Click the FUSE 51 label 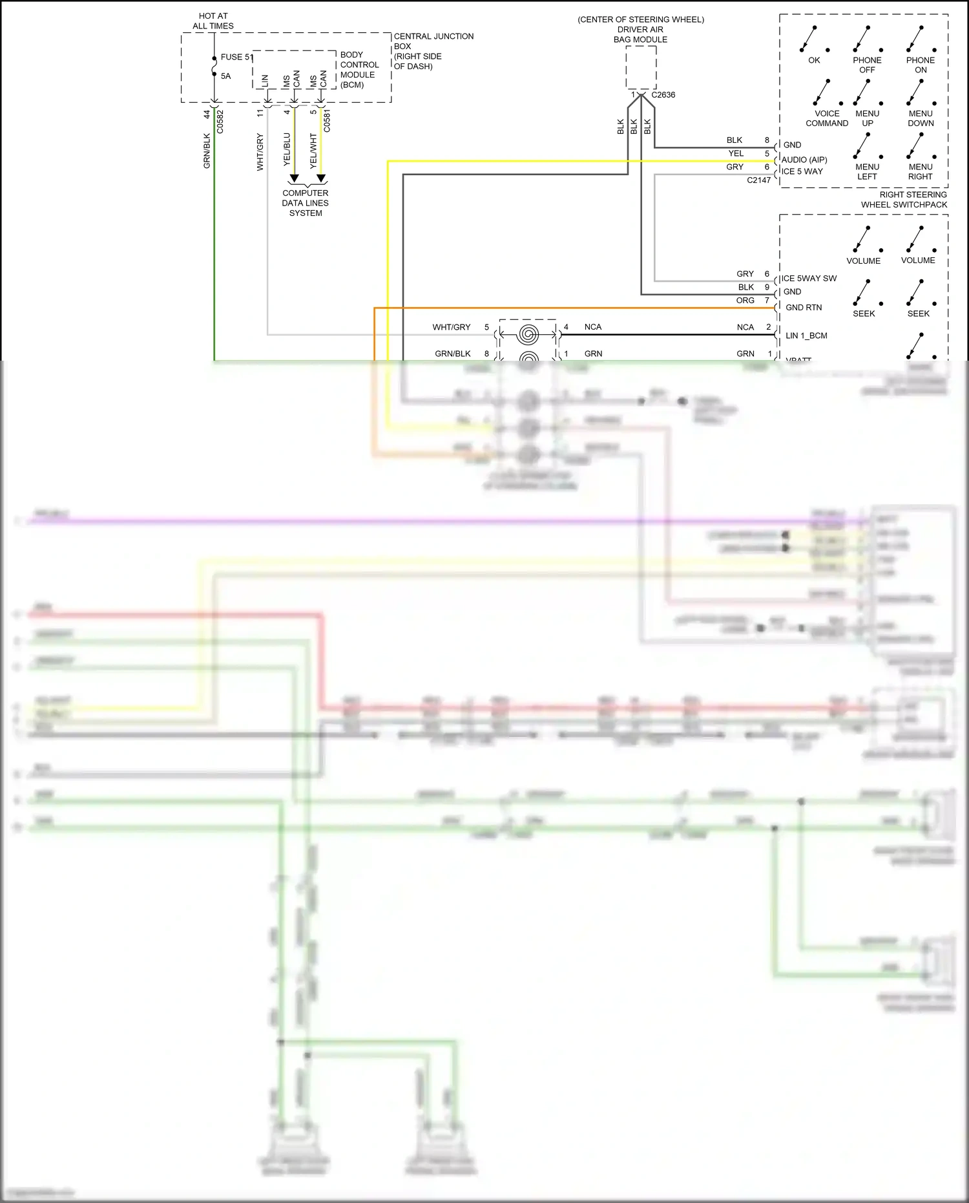coord(236,57)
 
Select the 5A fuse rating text coord(225,76)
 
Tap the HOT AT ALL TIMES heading coord(213,21)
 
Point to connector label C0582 coord(220,122)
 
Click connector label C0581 coord(327,121)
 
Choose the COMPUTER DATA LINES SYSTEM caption coord(306,203)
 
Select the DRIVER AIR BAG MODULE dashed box coord(641,67)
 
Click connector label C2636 coord(663,95)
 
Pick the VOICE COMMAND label coord(827,118)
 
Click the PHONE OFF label coord(867,65)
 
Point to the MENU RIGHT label coord(921,171)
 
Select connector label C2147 coord(759,180)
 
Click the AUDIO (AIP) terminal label coord(804,160)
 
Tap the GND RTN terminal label coord(804,308)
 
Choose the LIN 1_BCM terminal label coord(806,335)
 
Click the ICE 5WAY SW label coord(809,279)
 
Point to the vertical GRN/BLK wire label coord(207,151)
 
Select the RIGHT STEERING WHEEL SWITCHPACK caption coord(904,199)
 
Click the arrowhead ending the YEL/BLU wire coord(295,178)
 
